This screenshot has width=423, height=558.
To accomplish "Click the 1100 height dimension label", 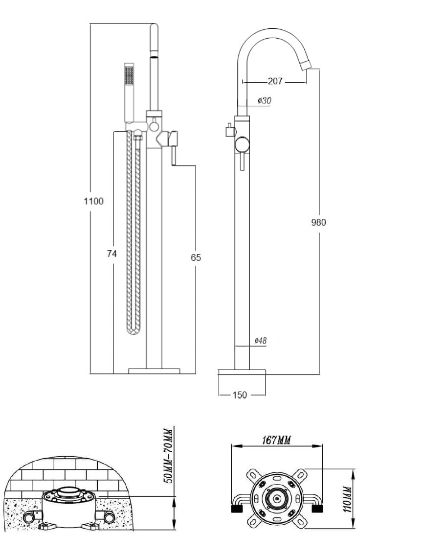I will coord(94,201).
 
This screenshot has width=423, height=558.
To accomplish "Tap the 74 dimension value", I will coord(112,254).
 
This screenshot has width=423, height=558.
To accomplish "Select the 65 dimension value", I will coord(196,257).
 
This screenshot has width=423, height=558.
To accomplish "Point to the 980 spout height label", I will coord(318,222).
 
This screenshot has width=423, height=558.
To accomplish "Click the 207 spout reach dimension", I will coord(275,81).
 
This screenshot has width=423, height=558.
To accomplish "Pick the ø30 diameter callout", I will coord(264,100).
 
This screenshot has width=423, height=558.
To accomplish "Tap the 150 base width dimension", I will coord(240,395).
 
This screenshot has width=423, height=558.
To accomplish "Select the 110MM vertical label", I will coord(347,498).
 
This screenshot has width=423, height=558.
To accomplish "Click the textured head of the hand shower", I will coord(129,77).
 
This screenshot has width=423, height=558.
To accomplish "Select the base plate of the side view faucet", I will coord(242,372).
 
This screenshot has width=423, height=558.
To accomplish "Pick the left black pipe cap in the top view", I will coord(237,509).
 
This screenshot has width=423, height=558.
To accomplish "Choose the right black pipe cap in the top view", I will coord(317,509).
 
